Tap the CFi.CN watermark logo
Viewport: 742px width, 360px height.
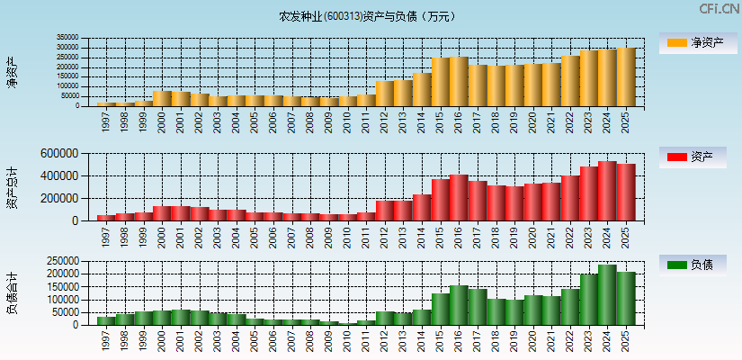pyautogui.click(x=719, y=9)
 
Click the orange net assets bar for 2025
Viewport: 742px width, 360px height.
pyautogui.click(x=626, y=77)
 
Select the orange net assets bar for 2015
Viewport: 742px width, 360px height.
pyautogui.click(x=441, y=82)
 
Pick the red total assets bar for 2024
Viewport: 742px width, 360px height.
pyautogui.click(x=607, y=192)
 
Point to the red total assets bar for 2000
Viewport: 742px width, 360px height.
pyautogui.click(x=162, y=213)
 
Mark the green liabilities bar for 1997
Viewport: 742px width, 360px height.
pyautogui.click(x=106, y=320)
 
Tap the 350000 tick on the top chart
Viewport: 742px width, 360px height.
pyautogui.click(x=67, y=39)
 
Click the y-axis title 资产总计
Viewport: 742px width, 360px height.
pyautogui.click(x=12, y=188)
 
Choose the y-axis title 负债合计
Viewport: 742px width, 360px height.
pyautogui.click(x=12, y=293)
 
